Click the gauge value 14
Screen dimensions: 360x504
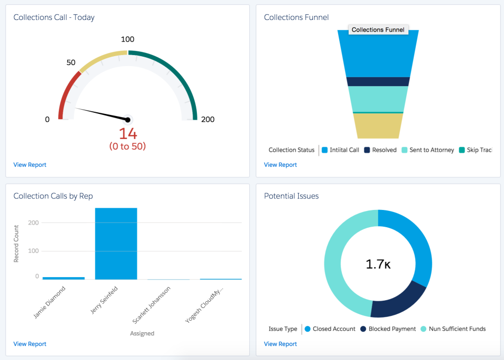[128, 133]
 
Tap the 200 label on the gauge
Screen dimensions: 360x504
[208, 119]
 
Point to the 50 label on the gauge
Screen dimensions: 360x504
[71, 62]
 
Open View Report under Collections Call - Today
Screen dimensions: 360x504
[30, 165]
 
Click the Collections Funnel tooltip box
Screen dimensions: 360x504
[378, 30]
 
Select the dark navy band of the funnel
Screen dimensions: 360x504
[378, 81]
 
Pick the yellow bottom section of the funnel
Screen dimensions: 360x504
[378, 126]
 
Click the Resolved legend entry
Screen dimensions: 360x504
[381, 150]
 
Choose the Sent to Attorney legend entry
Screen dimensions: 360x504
[428, 150]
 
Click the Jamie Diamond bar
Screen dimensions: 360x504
[64, 278]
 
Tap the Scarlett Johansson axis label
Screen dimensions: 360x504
[159, 304]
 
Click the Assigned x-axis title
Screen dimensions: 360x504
[142, 333]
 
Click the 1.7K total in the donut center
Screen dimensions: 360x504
[378, 264]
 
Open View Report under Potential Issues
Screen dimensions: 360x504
[280, 344]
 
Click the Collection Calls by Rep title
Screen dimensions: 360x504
[53, 196]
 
